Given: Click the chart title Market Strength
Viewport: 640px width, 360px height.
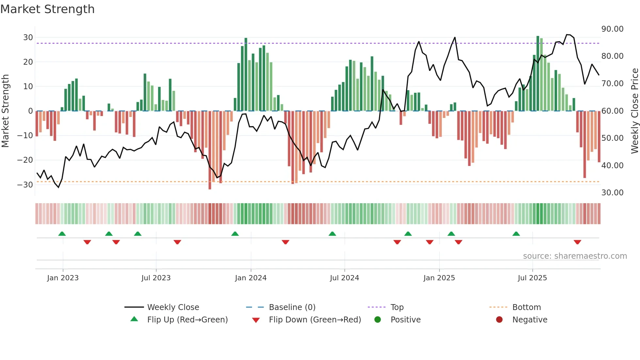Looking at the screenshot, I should tap(47, 9).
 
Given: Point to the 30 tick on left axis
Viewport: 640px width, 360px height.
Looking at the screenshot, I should tap(28, 38).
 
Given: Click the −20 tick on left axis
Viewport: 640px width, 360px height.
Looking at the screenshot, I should tap(25, 160).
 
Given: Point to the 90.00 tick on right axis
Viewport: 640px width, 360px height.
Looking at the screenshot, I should tap(612, 29).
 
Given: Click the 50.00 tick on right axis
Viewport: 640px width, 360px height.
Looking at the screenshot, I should tap(612, 138).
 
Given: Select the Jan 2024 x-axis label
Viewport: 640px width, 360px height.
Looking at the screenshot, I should tap(250, 278).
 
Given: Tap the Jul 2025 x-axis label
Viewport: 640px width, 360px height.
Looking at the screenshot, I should tap(532, 278).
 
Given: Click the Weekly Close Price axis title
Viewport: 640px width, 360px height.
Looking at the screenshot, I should tap(634, 111).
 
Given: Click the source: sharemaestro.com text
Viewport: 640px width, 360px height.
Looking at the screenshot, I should tap(575, 256).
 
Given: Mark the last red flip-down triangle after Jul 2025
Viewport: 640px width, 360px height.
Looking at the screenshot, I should tap(577, 242).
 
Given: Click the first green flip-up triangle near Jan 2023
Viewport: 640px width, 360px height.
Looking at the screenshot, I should tap(62, 234).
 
